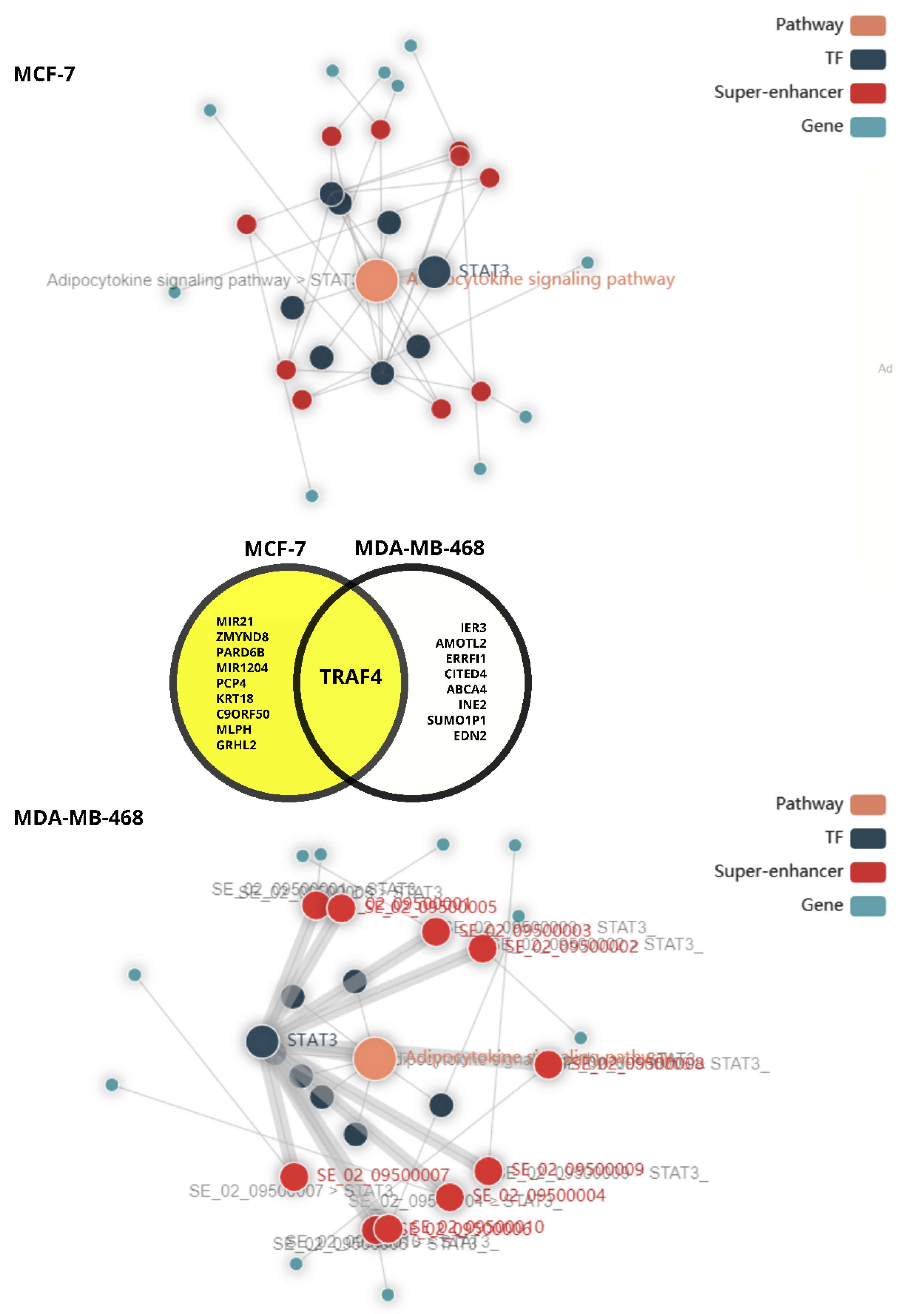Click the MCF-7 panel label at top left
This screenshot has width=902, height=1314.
(44, 74)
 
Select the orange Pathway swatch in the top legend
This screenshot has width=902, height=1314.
(868, 25)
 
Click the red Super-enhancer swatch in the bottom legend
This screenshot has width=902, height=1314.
(868, 872)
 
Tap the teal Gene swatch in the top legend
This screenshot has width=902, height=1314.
(868, 127)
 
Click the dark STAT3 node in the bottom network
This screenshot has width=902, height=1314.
(262, 1041)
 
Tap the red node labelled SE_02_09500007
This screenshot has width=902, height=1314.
(294, 1177)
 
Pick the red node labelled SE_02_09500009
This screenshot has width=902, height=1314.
(488, 1170)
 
